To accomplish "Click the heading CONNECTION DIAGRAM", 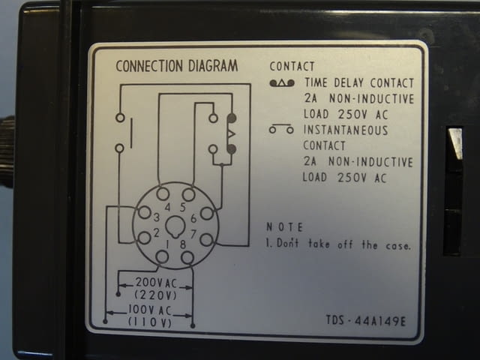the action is [x=177, y=66].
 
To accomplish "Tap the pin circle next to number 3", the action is [x=145, y=212].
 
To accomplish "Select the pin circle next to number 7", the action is [x=207, y=239].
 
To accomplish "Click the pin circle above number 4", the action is [x=163, y=193].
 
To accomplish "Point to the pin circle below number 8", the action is [x=187, y=258].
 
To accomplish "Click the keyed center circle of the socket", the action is [x=175, y=226].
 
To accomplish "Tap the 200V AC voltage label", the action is [x=156, y=283].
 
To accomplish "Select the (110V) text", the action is [x=150, y=322].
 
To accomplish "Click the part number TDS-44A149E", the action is [x=366, y=321].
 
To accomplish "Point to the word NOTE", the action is [x=285, y=227].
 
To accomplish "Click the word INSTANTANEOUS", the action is [x=346, y=130].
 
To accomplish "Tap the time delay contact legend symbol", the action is [x=282, y=82].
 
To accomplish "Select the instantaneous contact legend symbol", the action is [x=281, y=129].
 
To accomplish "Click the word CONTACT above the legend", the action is [x=292, y=67].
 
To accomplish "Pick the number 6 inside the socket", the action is [x=193, y=218].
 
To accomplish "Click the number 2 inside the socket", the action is [x=157, y=233].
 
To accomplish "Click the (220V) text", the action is [x=155, y=295].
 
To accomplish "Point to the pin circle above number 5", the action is [x=188, y=194].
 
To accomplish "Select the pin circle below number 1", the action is [x=162, y=256].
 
